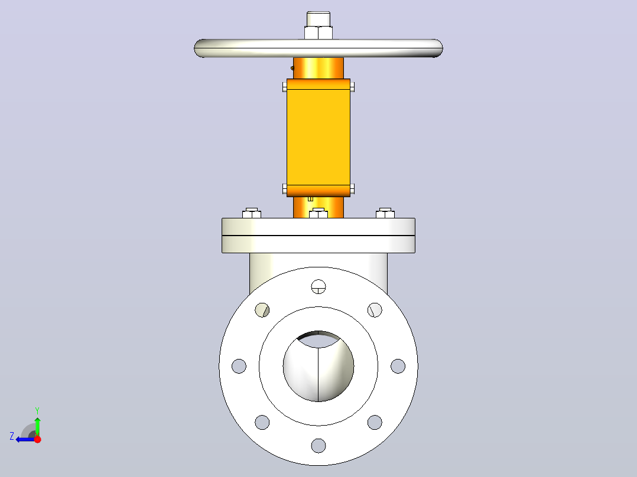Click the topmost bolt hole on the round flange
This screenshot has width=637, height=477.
[x=318, y=286]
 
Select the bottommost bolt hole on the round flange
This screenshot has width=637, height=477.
[x=318, y=445]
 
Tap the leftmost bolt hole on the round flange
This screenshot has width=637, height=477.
[x=239, y=366]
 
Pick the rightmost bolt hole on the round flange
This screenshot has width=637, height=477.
[x=398, y=366]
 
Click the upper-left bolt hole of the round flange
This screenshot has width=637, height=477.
[x=262, y=310]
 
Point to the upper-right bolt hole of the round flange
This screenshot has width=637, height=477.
[x=375, y=310]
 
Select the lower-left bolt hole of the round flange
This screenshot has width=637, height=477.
[x=262, y=422]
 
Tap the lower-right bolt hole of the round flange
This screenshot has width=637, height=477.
[x=375, y=422]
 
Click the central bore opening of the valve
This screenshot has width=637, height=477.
[x=318, y=366]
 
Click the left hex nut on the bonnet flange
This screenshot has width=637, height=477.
[x=252, y=213]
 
